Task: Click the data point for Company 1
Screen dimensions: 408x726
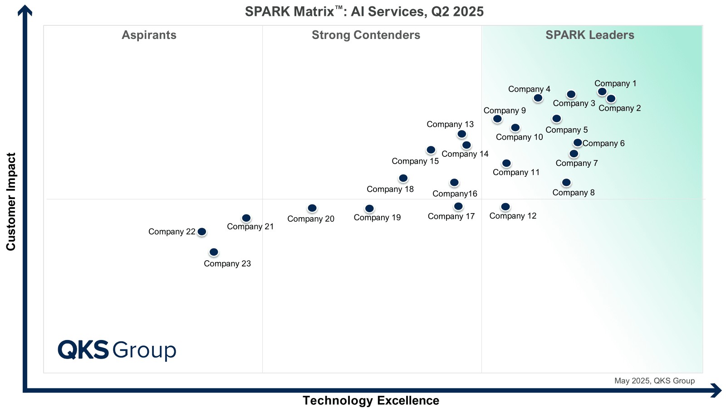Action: [x=602, y=92]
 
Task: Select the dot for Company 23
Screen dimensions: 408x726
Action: [x=214, y=252]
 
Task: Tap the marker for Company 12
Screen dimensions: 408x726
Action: [x=505, y=207]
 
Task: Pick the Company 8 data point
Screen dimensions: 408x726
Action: [x=566, y=183]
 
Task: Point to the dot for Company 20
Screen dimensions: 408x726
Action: [x=312, y=208]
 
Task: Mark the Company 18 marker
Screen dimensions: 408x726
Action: [x=403, y=178]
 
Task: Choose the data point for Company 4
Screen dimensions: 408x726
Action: [x=538, y=98]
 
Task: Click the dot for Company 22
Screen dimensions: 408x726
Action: [x=202, y=232]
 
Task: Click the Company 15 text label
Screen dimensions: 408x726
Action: [x=415, y=161]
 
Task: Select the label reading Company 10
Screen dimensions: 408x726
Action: [x=519, y=137]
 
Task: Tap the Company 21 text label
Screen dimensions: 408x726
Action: [x=250, y=227]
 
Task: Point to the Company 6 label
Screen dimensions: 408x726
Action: [x=603, y=143]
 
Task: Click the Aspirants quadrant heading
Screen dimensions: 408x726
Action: [x=149, y=35]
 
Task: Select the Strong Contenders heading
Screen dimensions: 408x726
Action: [x=366, y=35]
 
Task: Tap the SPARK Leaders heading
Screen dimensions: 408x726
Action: [x=589, y=35]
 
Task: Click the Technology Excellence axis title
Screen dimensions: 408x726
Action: [x=371, y=400]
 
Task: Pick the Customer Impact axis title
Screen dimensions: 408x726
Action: [x=11, y=201]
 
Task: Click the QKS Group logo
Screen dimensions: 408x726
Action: [x=117, y=350]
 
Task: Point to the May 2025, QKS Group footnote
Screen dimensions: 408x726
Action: [x=654, y=381]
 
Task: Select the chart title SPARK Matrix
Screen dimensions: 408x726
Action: [x=364, y=11]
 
